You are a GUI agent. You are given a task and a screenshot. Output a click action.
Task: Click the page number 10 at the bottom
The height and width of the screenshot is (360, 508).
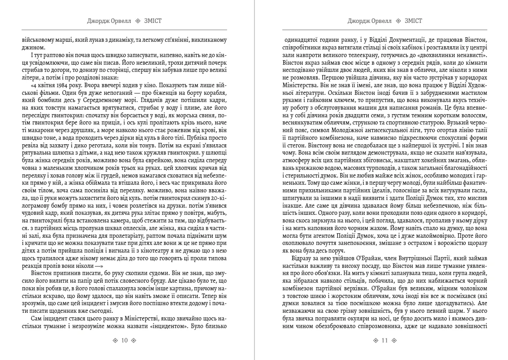pos(125,340)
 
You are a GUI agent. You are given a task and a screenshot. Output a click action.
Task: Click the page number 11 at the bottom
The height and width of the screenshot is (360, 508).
pos(384,340)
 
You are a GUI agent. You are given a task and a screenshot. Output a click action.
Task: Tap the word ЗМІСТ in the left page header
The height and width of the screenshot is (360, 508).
pos(154,21)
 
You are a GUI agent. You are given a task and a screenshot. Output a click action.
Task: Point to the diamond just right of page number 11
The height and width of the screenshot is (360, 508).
pos(394,340)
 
